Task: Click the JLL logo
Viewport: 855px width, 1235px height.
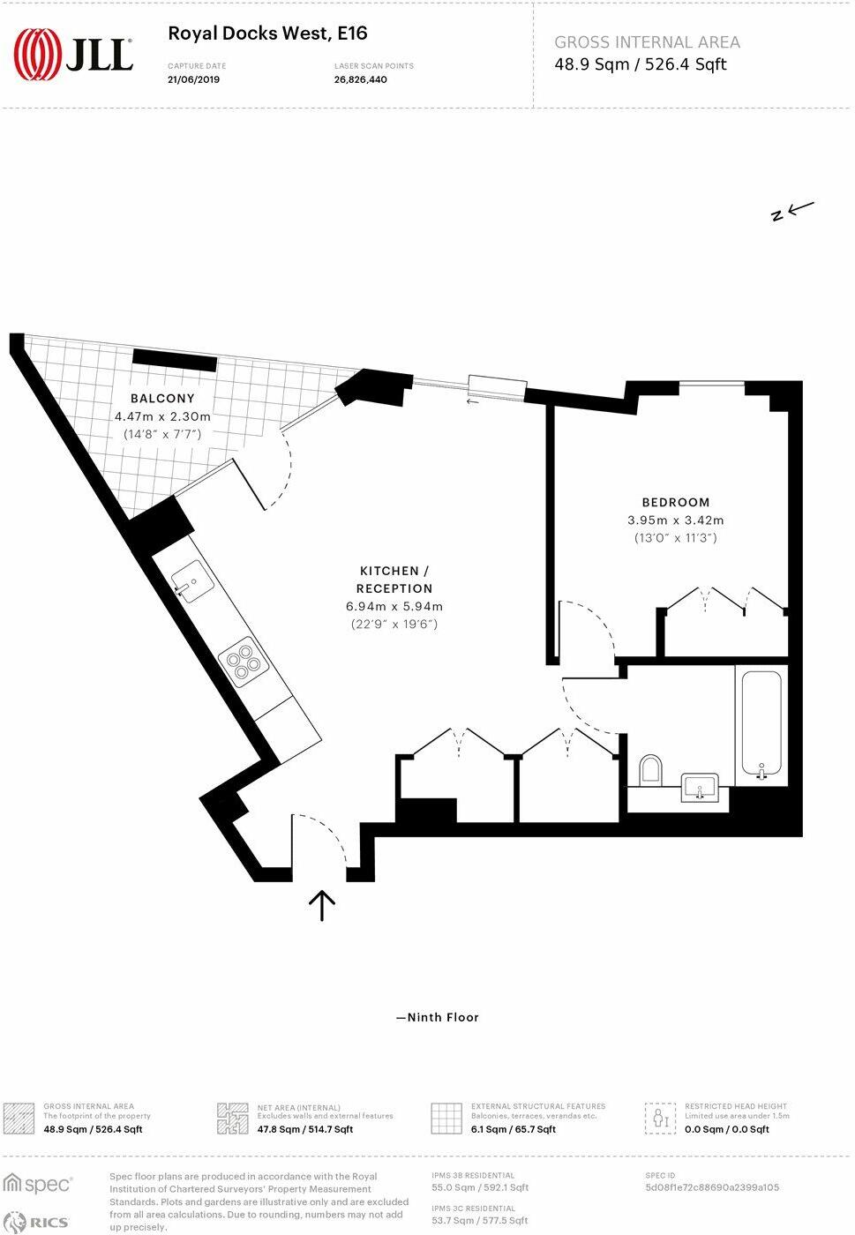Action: pos(73,54)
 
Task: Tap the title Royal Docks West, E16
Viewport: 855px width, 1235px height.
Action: pos(267,34)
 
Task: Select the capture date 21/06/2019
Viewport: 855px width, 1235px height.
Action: pos(193,79)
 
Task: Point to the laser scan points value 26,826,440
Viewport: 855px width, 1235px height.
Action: pos(360,79)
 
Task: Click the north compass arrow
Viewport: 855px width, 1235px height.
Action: pos(791,211)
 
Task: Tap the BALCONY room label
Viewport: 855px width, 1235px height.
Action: pos(162,399)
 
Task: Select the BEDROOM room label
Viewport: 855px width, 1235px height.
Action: pos(676,502)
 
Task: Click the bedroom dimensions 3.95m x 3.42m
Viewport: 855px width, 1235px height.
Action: pos(676,520)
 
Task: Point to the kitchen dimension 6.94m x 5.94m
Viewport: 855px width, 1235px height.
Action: pos(394,606)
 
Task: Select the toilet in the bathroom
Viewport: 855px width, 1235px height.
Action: pos(651,769)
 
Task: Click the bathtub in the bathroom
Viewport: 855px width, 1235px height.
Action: pos(761,723)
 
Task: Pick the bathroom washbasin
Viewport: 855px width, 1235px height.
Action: pos(701,786)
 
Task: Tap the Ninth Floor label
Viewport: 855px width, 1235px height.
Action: pos(438,1017)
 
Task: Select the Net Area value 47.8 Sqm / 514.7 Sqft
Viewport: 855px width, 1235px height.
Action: pos(305,1129)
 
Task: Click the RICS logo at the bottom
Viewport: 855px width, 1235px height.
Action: pos(37,1222)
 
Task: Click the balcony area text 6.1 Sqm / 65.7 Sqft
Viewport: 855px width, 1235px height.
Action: pos(514,1129)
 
